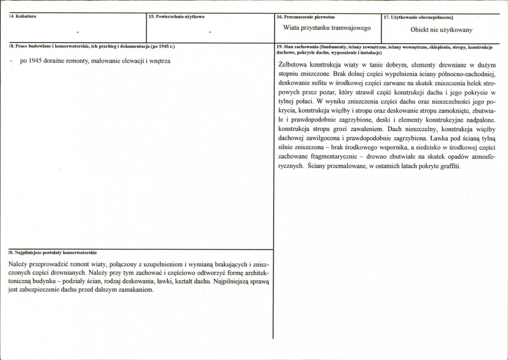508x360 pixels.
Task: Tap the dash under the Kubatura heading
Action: pyautogui.click(x=78, y=32)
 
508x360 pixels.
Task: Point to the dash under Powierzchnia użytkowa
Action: pyautogui.click(x=210, y=32)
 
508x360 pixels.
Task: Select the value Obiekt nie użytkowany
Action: pyautogui.click(x=441, y=30)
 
